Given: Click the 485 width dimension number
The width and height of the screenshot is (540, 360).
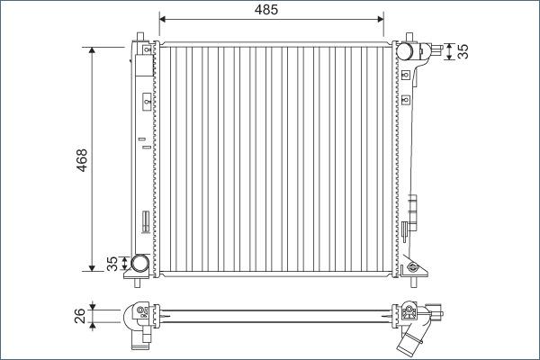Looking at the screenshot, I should (x=265, y=9).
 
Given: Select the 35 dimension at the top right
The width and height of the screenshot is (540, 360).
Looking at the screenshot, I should (x=463, y=50).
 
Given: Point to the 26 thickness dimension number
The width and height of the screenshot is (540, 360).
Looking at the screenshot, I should (x=80, y=315).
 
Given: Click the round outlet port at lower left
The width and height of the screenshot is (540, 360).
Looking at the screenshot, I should (x=139, y=264).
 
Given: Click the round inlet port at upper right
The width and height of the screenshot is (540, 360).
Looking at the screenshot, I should (x=408, y=50).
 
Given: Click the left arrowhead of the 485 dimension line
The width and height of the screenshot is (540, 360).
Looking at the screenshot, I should (x=163, y=17).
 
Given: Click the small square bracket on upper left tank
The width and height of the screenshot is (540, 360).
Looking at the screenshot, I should (x=146, y=104).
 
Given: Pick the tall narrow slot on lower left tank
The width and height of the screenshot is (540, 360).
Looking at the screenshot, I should (x=144, y=221).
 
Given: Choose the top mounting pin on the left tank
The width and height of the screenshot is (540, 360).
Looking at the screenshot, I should (x=140, y=38).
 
